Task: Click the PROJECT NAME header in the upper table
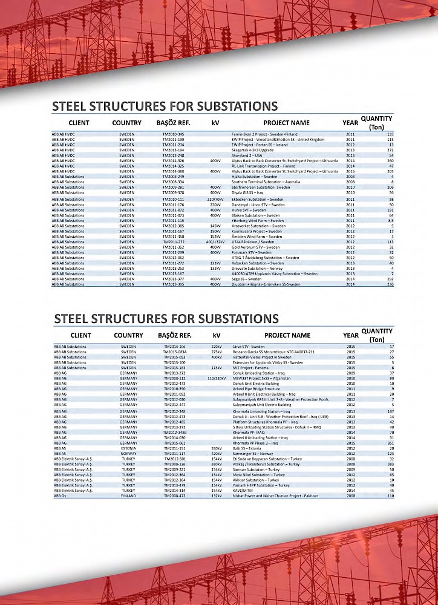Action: tap(286, 123)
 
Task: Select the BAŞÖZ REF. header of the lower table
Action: tap(175, 335)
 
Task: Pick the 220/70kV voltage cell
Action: tap(215, 199)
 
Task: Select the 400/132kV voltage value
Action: tap(215, 242)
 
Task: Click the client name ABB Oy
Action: tap(60, 496)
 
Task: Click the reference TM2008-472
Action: tap(175, 496)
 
